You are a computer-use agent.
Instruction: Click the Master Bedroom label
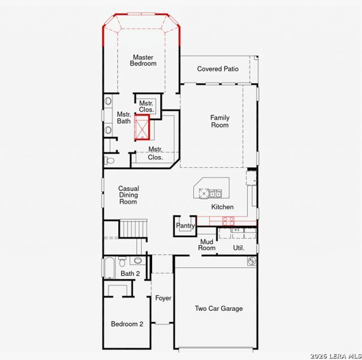pyautogui.click(x=143, y=60)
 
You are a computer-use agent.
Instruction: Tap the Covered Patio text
pyautogui.click(x=218, y=69)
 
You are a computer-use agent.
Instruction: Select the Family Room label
pyautogui.click(x=220, y=122)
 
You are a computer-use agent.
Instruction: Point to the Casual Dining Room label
pyautogui.click(x=128, y=195)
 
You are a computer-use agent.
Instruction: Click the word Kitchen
pyautogui.click(x=222, y=207)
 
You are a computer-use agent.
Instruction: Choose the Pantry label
pyautogui.click(x=186, y=225)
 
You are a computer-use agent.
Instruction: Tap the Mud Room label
pyautogui.click(x=206, y=245)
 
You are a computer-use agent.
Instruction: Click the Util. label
pyautogui.click(x=239, y=248)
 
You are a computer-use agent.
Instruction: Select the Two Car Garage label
pyautogui.click(x=219, y=309)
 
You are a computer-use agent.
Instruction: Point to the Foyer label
pyautogui.click(x=163, y=298)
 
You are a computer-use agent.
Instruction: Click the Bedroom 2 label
pyautogui.click(x=127, y=324)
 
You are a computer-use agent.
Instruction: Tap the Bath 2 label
pyautogui.click(x=130, y=274)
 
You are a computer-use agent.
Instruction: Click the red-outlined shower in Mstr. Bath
pyautogui.click(x=142, y=128)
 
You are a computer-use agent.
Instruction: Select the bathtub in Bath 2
pyautogui.click(x=109, y=268)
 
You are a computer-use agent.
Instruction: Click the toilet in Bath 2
pyautogui.click(x=122, y=261)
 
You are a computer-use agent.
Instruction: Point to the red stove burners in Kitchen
pyautogui.click(x=229, y=221)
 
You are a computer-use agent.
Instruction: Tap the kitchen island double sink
pyautogui.click(x=216, y=194)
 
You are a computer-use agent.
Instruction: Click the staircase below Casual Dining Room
pyautogui.click(x=133, y=228)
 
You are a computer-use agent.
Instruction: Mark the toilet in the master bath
pyautogui.click(x=109, y=161)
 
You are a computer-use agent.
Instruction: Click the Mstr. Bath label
pyautogui.click(x=124, y=118)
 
